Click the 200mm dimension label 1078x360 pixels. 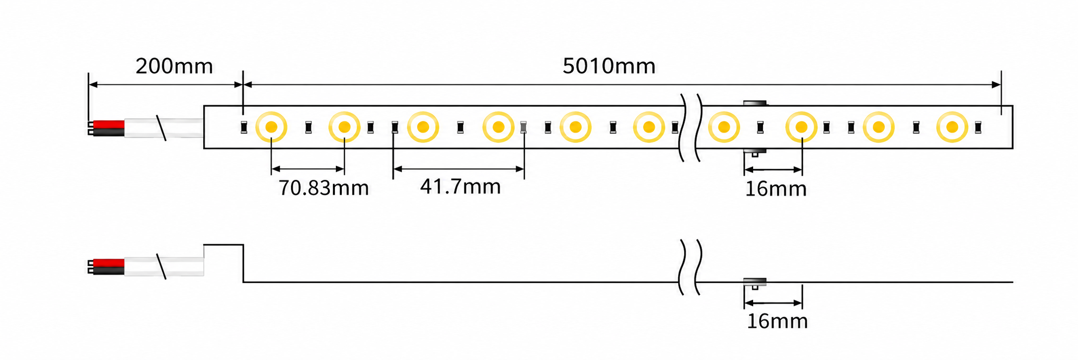[174, 67]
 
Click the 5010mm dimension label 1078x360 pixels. [609, 67]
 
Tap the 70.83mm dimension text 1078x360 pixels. [323, 188]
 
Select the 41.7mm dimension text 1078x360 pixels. [461, 187]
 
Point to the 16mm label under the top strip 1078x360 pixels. [775, 189]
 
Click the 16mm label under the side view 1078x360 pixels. [777, 322]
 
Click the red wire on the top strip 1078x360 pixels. [108, 124]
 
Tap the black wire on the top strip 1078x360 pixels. [108, 132]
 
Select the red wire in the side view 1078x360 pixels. [108, 263]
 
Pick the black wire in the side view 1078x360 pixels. [108, 271]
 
